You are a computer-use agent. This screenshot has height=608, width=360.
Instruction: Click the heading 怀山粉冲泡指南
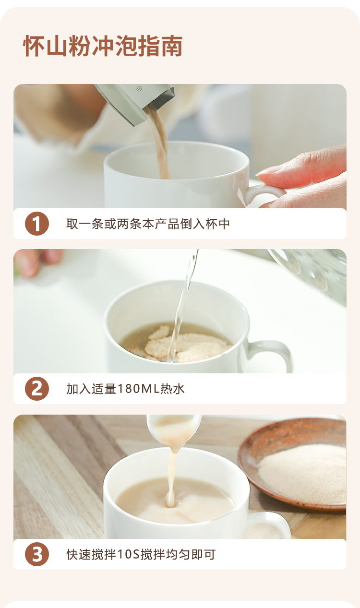point(103,46)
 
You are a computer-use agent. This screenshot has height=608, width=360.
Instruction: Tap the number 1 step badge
point(37,224)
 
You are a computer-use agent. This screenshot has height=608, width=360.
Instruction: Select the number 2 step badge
point(37,389)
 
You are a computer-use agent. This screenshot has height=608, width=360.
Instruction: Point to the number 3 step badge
point(37,554)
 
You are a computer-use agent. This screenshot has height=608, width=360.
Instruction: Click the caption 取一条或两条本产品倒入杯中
point(148,224)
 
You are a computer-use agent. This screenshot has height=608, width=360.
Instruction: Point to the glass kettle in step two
point(310,274)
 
